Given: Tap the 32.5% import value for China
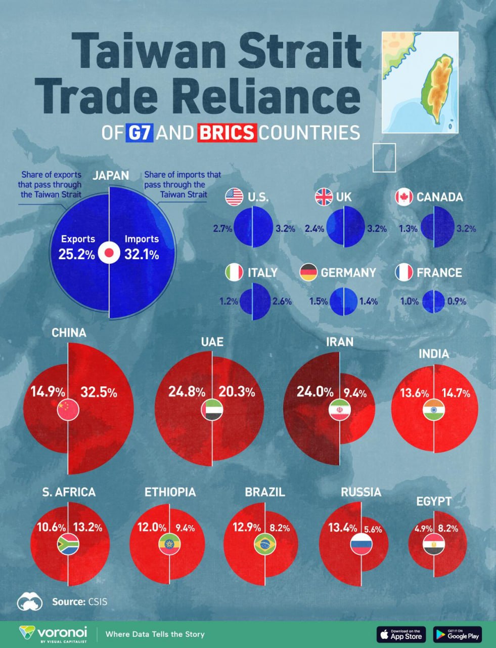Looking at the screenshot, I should [x=99, y=392].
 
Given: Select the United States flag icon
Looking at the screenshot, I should [x=234, y=197].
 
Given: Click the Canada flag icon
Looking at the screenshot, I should [x=404, y=197].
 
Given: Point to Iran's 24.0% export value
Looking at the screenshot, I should [x=315, y=392].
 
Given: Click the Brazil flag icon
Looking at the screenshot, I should [x=265, y=544].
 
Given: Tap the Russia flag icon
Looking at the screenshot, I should [x=361, y=544].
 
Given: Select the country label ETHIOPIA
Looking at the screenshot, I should [x=170, y=492].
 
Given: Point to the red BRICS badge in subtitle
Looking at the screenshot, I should [x=227, y=133].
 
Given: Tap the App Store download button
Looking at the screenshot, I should [x=401, y=634].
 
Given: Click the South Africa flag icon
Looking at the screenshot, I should [x=68, y=544].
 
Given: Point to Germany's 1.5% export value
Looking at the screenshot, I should [x=319, y=301].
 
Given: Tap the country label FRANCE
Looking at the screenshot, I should [x=439, y=273].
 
